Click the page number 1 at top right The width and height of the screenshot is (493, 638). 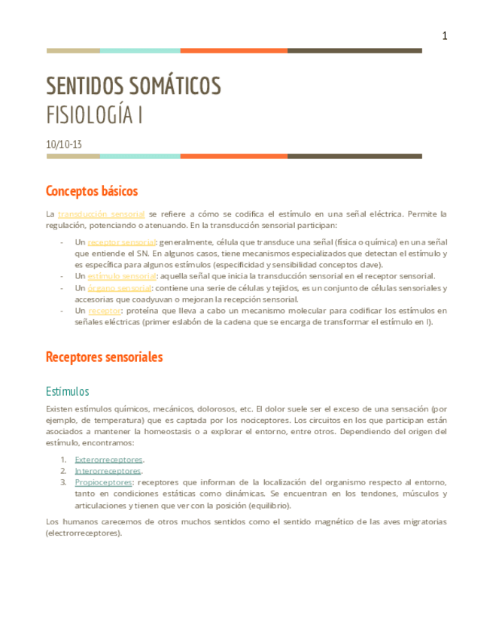coord(445,35)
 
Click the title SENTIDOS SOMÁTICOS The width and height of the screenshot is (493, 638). coord(133,87)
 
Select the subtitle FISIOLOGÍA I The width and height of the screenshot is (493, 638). coord(95,116)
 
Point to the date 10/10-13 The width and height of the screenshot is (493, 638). coord(64,143)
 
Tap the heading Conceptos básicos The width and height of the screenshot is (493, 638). coord(92,190)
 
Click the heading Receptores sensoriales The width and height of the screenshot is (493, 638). coord(104,357)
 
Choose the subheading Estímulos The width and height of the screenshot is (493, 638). coord(68,391)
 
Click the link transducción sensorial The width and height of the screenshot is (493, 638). coord(101,214)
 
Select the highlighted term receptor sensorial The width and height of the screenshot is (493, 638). coord(121,242)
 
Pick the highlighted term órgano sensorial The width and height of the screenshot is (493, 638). coord(119,288)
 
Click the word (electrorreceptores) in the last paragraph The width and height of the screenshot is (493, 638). coord(83,533)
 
